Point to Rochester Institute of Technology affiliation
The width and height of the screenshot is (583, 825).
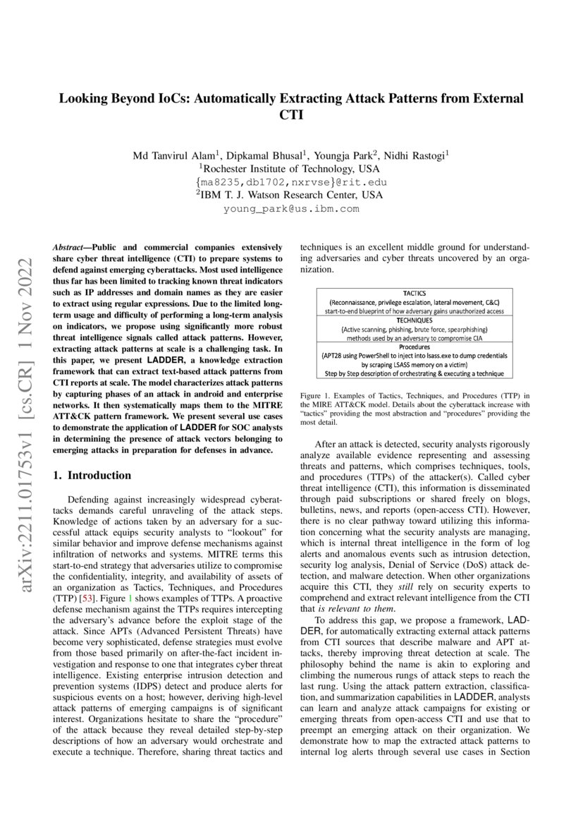pyautogui.click(x=290, y=169)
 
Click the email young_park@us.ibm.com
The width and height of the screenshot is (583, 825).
pyautogui.click(x=291, y=209)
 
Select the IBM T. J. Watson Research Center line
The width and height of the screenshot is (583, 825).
pyautogui.click(x=290, y=195)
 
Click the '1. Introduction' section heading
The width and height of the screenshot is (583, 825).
pyautogui.click(x=92, y=475)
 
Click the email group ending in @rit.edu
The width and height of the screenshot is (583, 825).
pyautogui.click(x=290, y=183)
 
